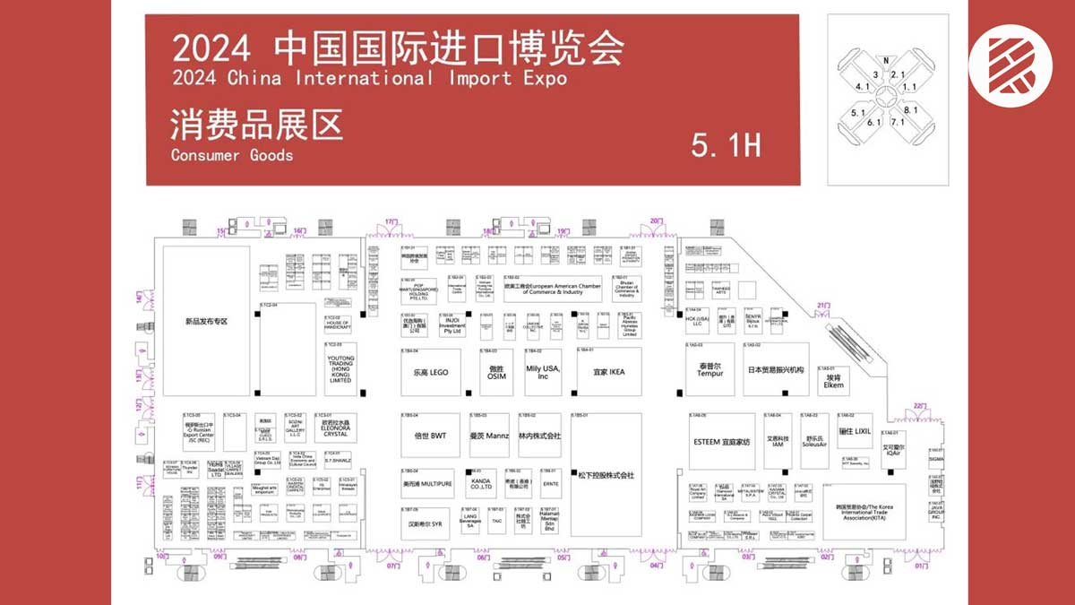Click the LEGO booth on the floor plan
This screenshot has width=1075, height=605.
430,372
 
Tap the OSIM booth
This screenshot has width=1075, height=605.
496,372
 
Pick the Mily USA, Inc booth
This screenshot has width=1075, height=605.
543,372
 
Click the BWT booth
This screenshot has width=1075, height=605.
430,436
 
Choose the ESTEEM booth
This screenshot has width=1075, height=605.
720,442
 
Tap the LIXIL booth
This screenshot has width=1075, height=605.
855,432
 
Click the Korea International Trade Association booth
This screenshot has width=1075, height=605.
863,512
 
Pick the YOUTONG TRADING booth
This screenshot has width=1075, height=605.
340,368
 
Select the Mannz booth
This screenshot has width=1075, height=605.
489,436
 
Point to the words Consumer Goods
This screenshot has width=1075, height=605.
232,155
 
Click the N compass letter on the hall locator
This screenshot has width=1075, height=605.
886,61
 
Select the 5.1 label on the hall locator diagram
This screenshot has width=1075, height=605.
858,113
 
